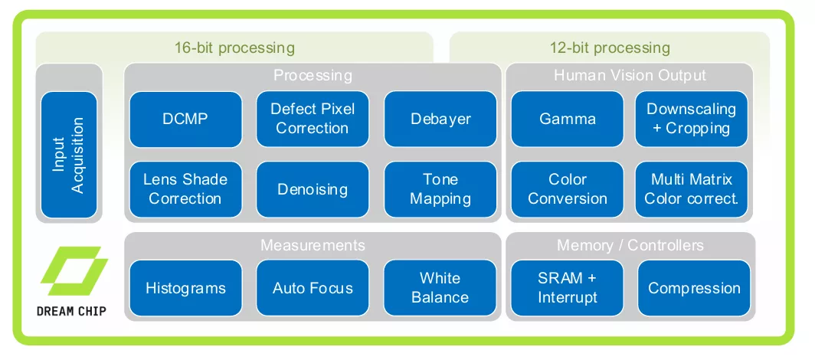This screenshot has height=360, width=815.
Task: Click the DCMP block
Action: point(185,119)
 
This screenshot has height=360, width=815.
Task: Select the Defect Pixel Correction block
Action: point(312,119)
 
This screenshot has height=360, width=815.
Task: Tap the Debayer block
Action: point(440,119)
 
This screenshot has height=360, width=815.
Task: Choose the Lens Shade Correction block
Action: point(185,189)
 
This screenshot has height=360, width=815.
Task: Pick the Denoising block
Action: point(312,189)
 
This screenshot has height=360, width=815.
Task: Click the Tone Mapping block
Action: point(440,189)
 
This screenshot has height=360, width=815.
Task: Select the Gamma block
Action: point(567,119)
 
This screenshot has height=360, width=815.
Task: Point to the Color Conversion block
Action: point(567,189)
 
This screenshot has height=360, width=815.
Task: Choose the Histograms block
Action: point(185,288)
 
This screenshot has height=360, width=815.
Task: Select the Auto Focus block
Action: point(312,288)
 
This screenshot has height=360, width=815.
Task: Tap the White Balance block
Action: point(440,288)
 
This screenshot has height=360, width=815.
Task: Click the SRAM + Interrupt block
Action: point(567,288)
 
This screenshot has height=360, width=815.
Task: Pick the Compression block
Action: point(694,288)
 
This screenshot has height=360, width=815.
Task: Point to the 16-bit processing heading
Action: point(234,47)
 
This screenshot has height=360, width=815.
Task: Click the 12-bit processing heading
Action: point(610,47)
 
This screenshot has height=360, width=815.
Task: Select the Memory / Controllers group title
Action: point(630,245)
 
